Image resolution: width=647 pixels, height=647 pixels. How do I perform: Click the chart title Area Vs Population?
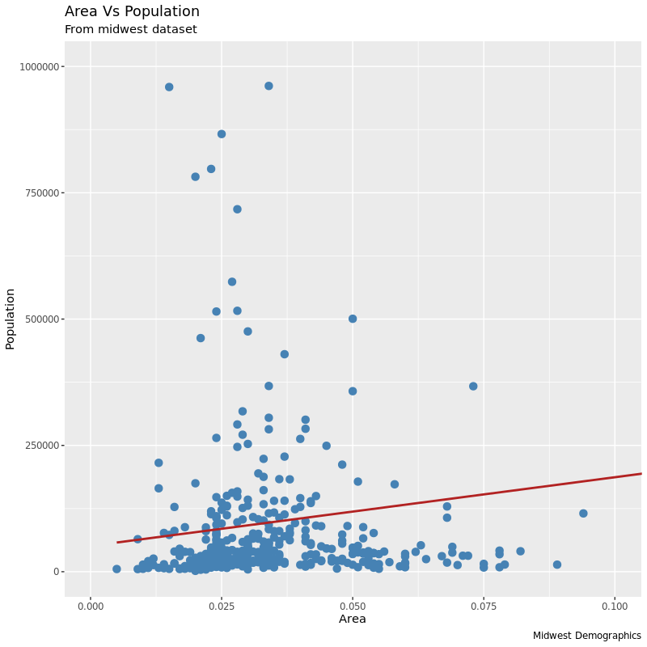coord(132,11)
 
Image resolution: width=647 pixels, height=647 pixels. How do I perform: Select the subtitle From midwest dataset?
coord(130,30)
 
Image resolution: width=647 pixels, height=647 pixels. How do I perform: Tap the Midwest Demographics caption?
coord(586,636)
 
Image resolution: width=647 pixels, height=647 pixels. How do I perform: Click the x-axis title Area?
coord(353,620)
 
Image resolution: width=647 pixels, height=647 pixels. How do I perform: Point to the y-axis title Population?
coord(11,319)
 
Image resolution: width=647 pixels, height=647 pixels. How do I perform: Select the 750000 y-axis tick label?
coord(43,192)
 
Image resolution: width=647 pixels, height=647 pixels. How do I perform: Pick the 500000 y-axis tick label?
coord(43,319)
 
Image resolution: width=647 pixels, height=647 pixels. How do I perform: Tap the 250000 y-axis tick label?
coord(43,445)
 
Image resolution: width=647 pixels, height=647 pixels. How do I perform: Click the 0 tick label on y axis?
coord(57,572)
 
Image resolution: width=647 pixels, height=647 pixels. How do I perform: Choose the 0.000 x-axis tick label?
coord(91,606)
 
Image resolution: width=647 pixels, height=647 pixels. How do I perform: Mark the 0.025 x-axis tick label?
coord(222,606)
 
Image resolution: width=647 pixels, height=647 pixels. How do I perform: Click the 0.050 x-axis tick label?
coord(353,606)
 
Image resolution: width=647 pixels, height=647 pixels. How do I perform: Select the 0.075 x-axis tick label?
coord(484,606)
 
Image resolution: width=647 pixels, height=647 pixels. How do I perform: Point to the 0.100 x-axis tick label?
coord(615,606)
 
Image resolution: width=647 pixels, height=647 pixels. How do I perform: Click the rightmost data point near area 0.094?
coord(583,514)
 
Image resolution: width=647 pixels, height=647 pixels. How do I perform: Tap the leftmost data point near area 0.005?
coord(116,569)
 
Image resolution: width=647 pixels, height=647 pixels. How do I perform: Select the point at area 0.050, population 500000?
coord(353,319)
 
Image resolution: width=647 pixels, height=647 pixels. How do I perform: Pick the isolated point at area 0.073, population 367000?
coord(473,387)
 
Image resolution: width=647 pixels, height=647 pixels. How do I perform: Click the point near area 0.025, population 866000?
coord(222,134)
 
